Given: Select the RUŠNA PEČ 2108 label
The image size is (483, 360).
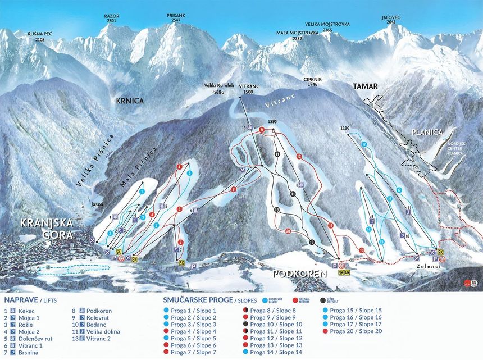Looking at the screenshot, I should point(40,37).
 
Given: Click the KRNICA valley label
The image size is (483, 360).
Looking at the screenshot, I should point(130,101).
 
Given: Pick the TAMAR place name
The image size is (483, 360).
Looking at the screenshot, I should point(366,86).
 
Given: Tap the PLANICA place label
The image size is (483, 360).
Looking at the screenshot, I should point(427,133).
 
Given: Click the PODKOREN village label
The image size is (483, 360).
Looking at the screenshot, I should point(300,274).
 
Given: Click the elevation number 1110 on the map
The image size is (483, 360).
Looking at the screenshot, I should point(345,129).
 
